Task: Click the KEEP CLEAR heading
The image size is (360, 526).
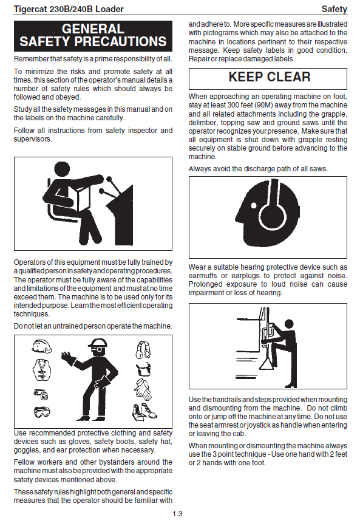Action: click(x=270, y=77)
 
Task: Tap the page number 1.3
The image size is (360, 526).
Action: click(x=177, y=514)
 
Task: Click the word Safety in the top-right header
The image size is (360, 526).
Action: click(x=334, y=9)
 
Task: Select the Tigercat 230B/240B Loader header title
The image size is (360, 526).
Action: click(x=69, y=9)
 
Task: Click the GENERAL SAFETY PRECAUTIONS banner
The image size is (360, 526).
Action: click(x=93, y=36)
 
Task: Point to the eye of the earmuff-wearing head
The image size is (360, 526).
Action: click(x=254, y=206)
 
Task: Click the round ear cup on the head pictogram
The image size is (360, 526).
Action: click(x=274, y=214)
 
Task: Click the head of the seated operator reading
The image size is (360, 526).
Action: click(x=62, y=171)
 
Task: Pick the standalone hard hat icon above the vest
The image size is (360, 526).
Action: click(x=42, y=346)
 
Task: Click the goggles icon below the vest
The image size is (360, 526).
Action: click(x=42, y=411)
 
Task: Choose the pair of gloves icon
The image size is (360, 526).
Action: click(x=143, y=389)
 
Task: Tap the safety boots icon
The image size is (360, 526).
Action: click(x=144, y=412)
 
